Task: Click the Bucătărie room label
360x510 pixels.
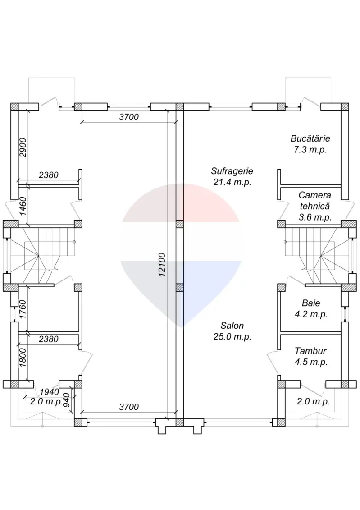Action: coord(310,144)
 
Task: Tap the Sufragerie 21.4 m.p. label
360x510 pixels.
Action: coord(232,177)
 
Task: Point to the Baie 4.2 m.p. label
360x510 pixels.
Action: coord(314,308)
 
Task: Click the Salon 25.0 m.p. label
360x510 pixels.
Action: coord(232,331)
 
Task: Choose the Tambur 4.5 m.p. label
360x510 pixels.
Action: coord(310,356)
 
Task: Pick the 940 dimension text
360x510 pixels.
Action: coord(67,400)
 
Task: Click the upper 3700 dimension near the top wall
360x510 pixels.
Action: coord(128,117)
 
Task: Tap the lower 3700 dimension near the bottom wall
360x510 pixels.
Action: coord(128,407)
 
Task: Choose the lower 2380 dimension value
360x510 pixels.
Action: coord(48,339)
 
